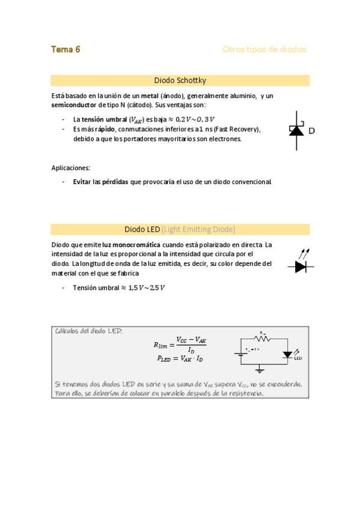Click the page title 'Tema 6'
click(x=66, y=49)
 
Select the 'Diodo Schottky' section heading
click(x=180, y=81)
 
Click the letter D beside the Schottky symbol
click(x=312, y=131)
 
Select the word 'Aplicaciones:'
click(x=71, y=168)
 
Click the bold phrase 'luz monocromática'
click(x=131, y=245)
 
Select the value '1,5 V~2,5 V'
click(x=147, y=288)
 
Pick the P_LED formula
click(x=180, y=358)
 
